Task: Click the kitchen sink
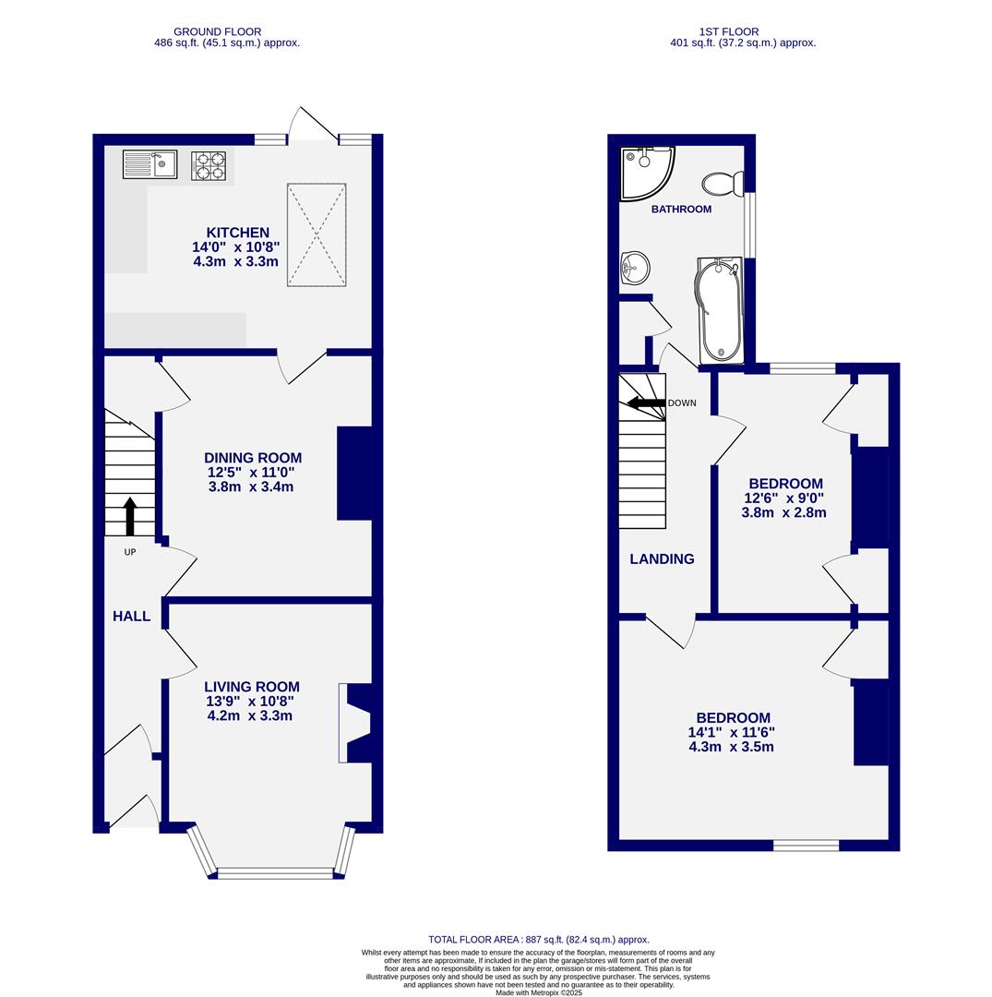(x=150, y=164)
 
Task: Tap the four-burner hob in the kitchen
(x=209, y=164)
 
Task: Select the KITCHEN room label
(x=238, y=233)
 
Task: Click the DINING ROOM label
(x=253, y=458)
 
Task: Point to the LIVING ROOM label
(x=252, y=687)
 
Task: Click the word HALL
(x=132, y=616)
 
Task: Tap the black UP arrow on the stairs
(x=130, y=516)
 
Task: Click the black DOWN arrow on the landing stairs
(x=646, y=402)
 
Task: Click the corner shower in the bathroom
(x=644, y=171)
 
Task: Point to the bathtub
(x=720, y=310)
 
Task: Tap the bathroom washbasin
(x=635, y=268)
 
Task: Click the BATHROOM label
(x=681, y=210)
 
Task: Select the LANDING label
(x=663, y=559)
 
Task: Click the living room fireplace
(x=354, y=723)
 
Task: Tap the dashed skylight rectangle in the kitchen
(x=317, y=234)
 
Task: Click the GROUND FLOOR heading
(x=218, y=31)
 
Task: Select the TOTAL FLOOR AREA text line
(x=539, y=939)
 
